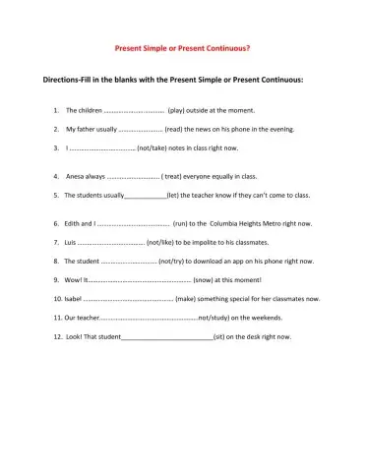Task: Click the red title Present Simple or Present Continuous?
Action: point(182,47)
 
